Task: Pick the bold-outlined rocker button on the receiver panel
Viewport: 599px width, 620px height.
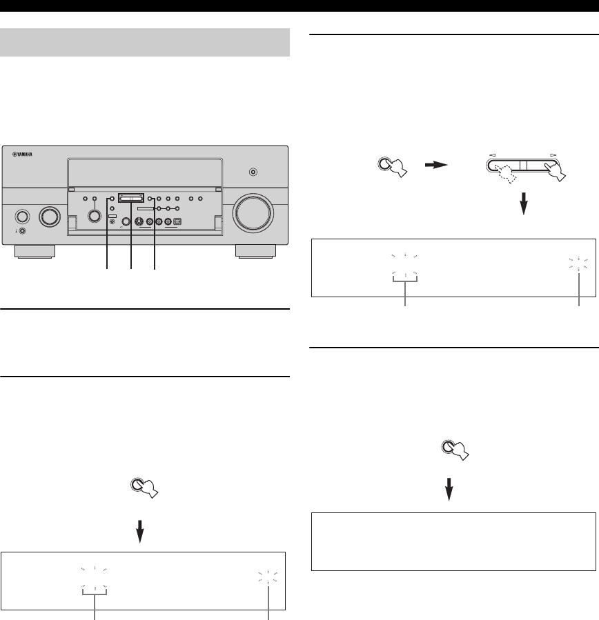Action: point(131,197)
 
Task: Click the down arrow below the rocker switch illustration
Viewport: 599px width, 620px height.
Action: point(524,203)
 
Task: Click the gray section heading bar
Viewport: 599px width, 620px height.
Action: point(145,43)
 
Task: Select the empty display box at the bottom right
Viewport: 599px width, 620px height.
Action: point(453,541)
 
